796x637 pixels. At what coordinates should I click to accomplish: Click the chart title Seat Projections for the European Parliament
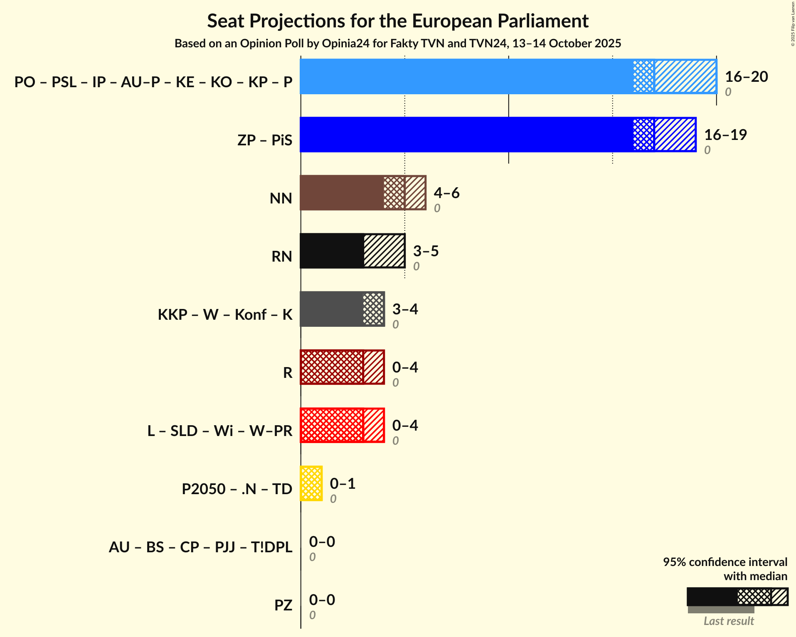[x=398, y=21]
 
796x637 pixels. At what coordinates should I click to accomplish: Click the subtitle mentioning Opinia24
[x=398, y=44]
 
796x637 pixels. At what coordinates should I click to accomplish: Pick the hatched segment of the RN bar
[x=384, y=251]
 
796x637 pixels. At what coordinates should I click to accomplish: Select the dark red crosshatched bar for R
[x=332, y=367]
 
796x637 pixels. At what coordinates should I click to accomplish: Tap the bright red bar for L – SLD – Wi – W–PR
[x=332, y=426]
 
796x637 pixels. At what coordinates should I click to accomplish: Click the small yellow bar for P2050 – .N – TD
[x=311, y=484]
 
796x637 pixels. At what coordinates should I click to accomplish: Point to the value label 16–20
[x=746, y=77]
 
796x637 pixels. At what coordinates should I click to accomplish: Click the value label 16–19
[x=725, y=135]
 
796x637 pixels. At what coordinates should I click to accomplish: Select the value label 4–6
[x=446, y=193]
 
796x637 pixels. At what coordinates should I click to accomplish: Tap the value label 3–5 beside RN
[x=426, y=251]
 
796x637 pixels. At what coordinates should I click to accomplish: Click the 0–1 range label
[x=343, y=484]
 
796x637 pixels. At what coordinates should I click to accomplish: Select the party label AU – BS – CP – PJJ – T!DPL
[x=200, y=547]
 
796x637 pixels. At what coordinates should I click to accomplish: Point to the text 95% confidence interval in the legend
[x=725, y=562]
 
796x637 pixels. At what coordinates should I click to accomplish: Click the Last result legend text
[x=728, y=621]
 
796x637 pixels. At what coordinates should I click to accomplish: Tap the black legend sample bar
[x=712, y=597]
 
